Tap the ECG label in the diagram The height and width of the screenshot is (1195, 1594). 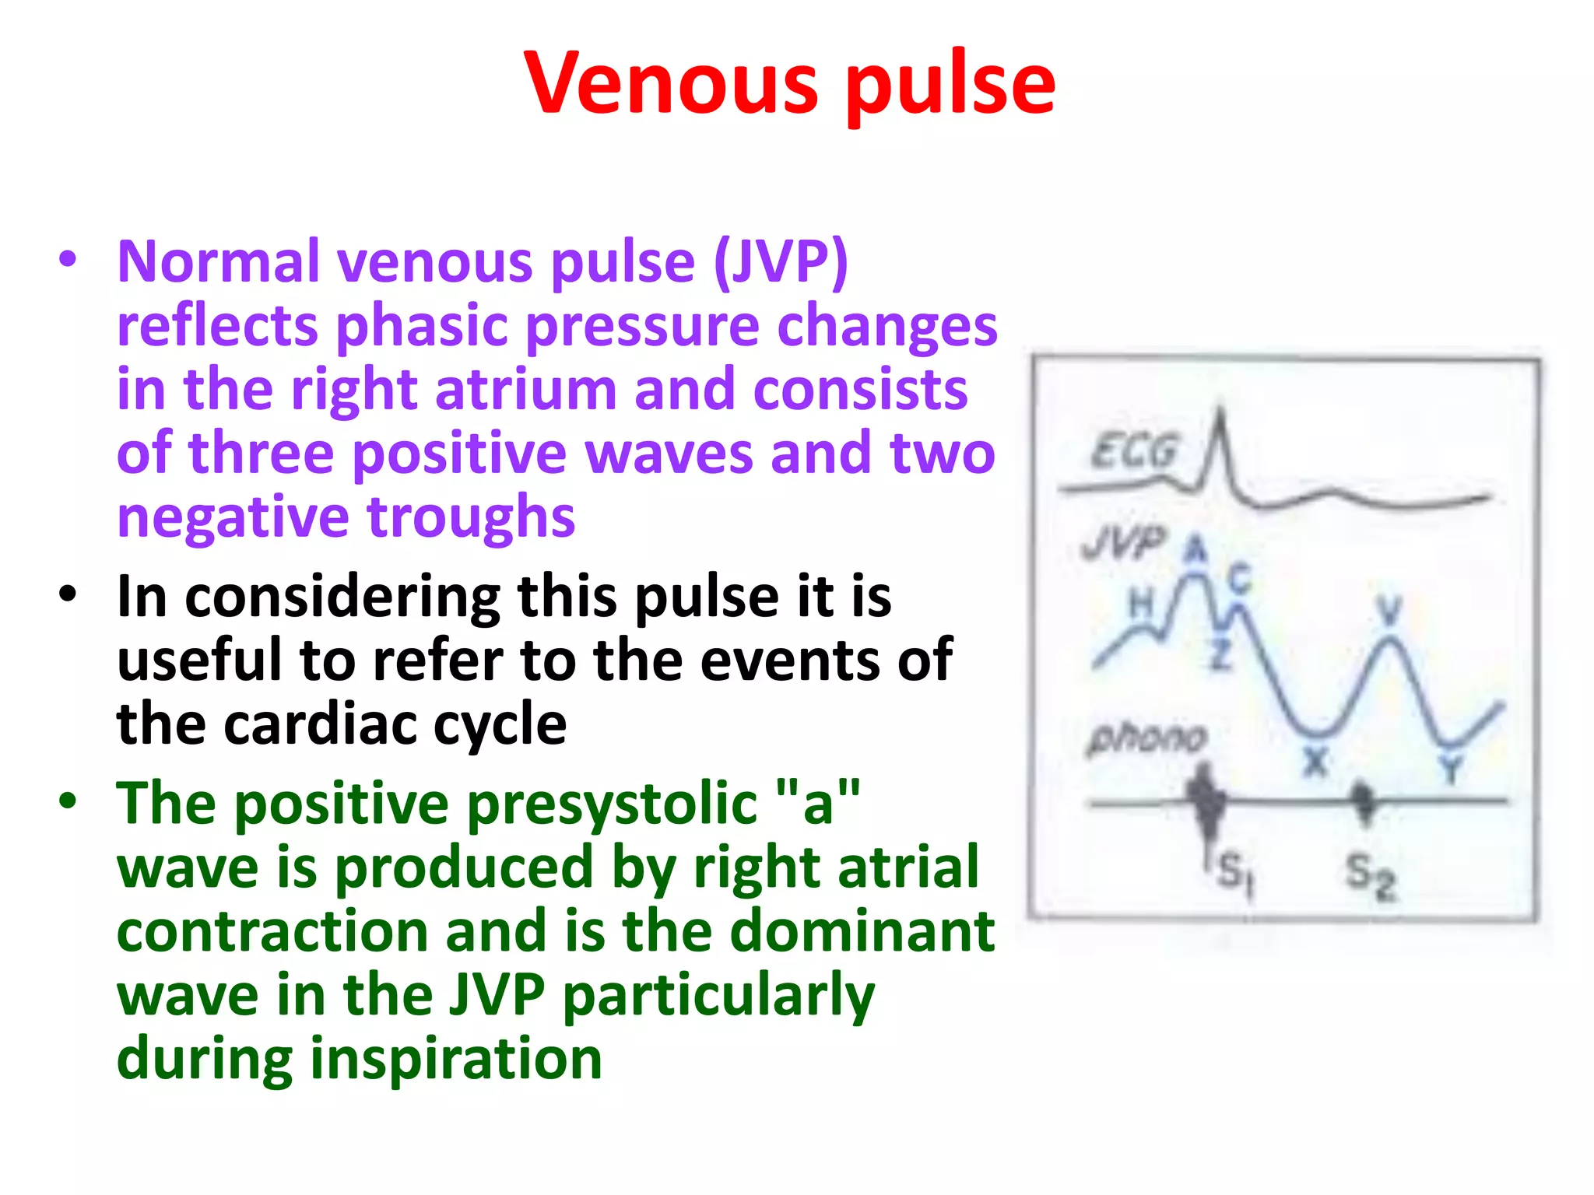(1133, 450)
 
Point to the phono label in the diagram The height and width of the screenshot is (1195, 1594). (1147, 737)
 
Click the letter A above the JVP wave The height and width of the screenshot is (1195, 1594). (1195, 550)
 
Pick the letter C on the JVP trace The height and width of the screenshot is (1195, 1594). (1239, 579)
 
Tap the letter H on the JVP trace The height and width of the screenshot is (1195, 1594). (1141, 603)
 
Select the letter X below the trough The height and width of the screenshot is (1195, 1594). (1315, 761)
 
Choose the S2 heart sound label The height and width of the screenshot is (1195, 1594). (1370, 874)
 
